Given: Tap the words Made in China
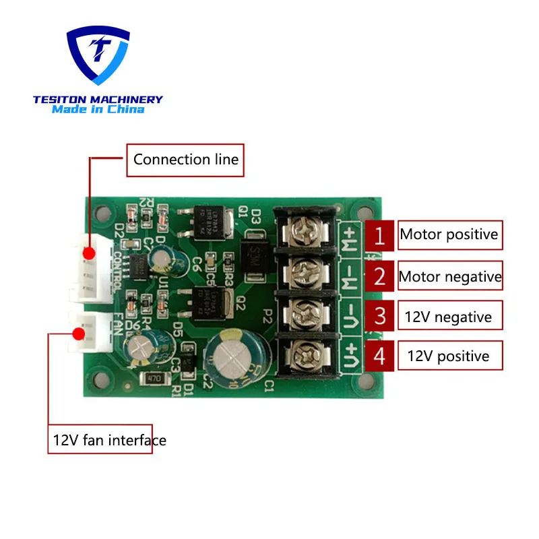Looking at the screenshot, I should tap(98, 109).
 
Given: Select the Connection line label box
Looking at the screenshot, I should tap(185, 160).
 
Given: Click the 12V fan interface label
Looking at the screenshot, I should tap(100, 440).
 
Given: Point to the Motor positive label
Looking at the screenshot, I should tap(449, 235).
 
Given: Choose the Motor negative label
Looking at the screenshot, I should tap(449, 276).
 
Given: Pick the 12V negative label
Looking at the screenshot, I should tap(448, 317).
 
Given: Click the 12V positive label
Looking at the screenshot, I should tap(448, 356).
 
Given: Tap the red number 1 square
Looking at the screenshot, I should tap(380, 236).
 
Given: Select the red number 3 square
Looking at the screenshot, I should tap(380, 317).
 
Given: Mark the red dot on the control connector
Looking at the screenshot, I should tap(88, 254).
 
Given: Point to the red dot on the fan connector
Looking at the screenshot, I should tap(79, 333).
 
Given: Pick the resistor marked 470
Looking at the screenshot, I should tap(153, 379).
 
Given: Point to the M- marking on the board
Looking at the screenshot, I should tap(350, 277).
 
